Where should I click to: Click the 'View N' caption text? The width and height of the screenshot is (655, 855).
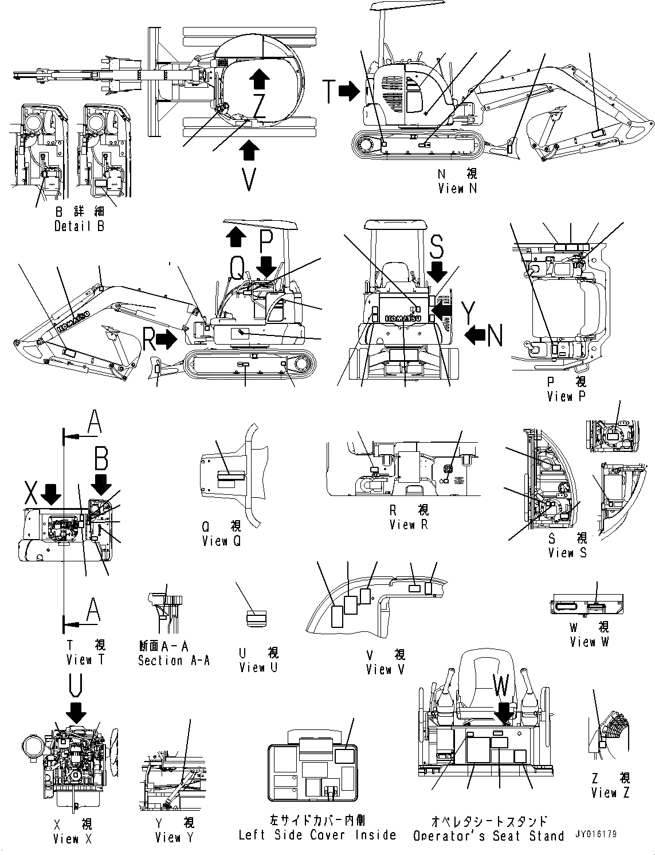click(x=457, y=188)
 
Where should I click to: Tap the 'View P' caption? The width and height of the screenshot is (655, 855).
click(x=566, y=396)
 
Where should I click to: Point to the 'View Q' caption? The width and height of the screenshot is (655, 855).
click(x=222, y=541)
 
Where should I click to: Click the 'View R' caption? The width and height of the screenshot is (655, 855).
click(x=409, y=524)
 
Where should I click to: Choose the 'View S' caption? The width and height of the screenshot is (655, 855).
click(x=567, y=553)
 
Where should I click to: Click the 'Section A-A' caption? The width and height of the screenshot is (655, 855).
click(x=174, y=661)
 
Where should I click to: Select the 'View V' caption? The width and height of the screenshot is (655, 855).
click(x=386, y=669)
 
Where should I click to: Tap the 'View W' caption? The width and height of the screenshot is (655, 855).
click(x=589, y=642)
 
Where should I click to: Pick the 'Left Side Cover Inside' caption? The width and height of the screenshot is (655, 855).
click(x=317, y=835)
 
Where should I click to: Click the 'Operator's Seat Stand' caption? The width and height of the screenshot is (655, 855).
click(x=489, y=836)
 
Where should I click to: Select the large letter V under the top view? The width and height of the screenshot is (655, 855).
click(x=249, y=179)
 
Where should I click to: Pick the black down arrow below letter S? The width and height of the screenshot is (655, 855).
click(x=437, y=273)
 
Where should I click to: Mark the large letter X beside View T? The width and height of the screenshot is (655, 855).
click(x=32, y=492)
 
